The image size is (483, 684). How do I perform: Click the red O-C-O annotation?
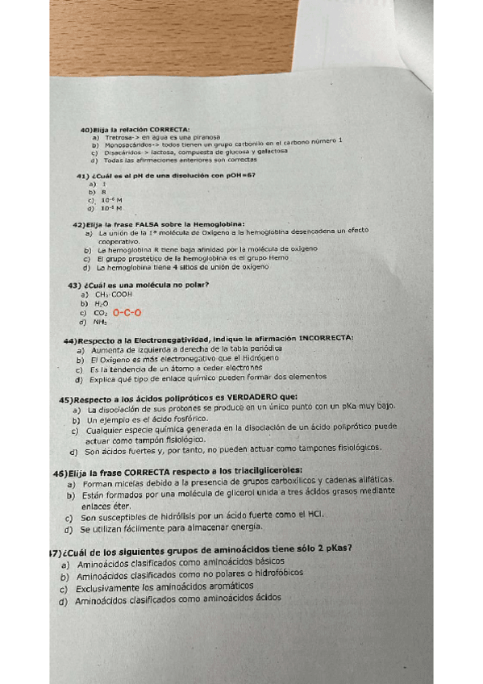pyautogui.click(x=127, y=313)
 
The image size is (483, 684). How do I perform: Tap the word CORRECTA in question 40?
pyautogui.click(x=169, y=129)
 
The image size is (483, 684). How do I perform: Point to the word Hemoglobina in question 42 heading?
pyautogui.click(x=219, y=223)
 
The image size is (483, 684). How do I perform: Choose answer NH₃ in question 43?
pyautogui.click(x=101, y=322)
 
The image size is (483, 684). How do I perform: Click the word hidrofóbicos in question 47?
pyautogui.click(x=273, y=573)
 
